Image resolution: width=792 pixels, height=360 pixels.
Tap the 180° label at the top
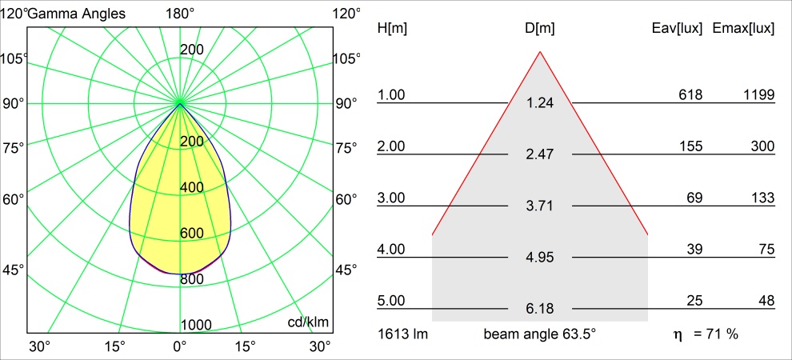[180, 14]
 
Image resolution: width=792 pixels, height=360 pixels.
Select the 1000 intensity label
[197, 324]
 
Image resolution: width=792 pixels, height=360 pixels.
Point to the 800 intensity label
[192, 279]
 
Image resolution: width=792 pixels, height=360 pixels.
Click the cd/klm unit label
[309, 322]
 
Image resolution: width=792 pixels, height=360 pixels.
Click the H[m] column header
[392, 28]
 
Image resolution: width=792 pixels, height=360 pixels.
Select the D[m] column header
[540, 28]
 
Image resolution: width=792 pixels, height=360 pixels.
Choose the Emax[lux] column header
[743, 28]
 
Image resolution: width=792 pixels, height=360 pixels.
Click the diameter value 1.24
[540, 102]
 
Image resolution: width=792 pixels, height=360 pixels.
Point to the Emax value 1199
[758, 95]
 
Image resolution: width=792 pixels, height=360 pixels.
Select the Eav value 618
[690, 95]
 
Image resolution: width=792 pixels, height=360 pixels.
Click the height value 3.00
[391, 198]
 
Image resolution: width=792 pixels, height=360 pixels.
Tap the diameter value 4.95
[540, 257]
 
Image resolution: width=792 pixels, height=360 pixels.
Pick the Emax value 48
[766, 301]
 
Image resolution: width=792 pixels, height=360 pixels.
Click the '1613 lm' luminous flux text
[403, 334]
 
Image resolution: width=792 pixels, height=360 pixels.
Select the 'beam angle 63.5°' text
[539, 334]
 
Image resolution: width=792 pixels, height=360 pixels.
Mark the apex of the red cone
[540, 52]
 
